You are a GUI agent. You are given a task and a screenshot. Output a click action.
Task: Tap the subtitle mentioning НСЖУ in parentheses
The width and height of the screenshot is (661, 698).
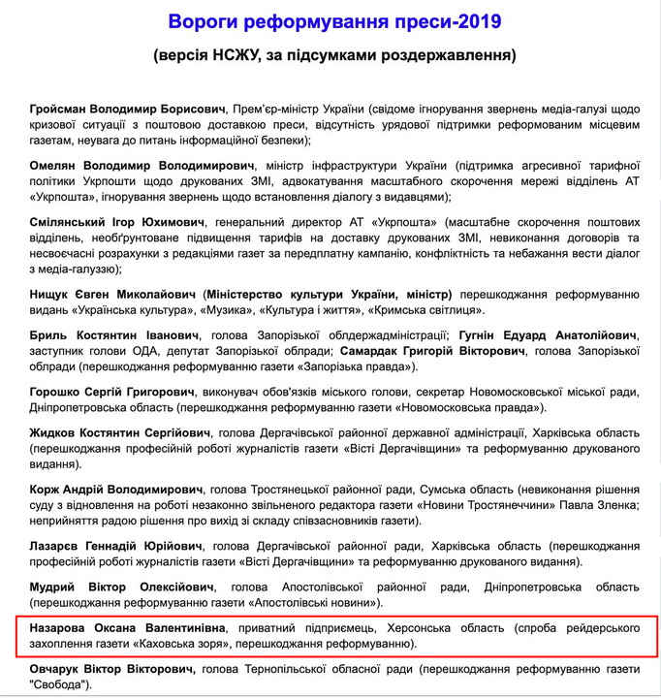334,55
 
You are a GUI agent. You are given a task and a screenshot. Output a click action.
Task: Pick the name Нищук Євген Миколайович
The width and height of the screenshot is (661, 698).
113,293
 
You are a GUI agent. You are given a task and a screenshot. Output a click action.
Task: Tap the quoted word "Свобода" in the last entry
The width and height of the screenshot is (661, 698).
59,684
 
